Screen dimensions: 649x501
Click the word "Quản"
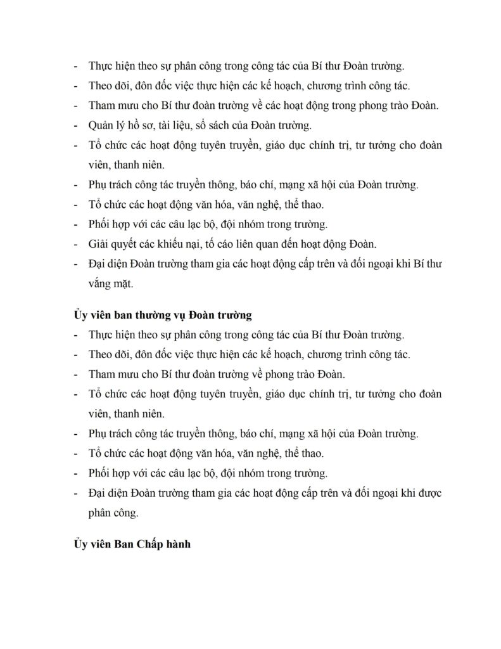point(103,125)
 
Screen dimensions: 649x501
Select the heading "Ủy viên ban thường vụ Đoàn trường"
point(162,314)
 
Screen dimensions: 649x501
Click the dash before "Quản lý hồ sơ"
point(77,125)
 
